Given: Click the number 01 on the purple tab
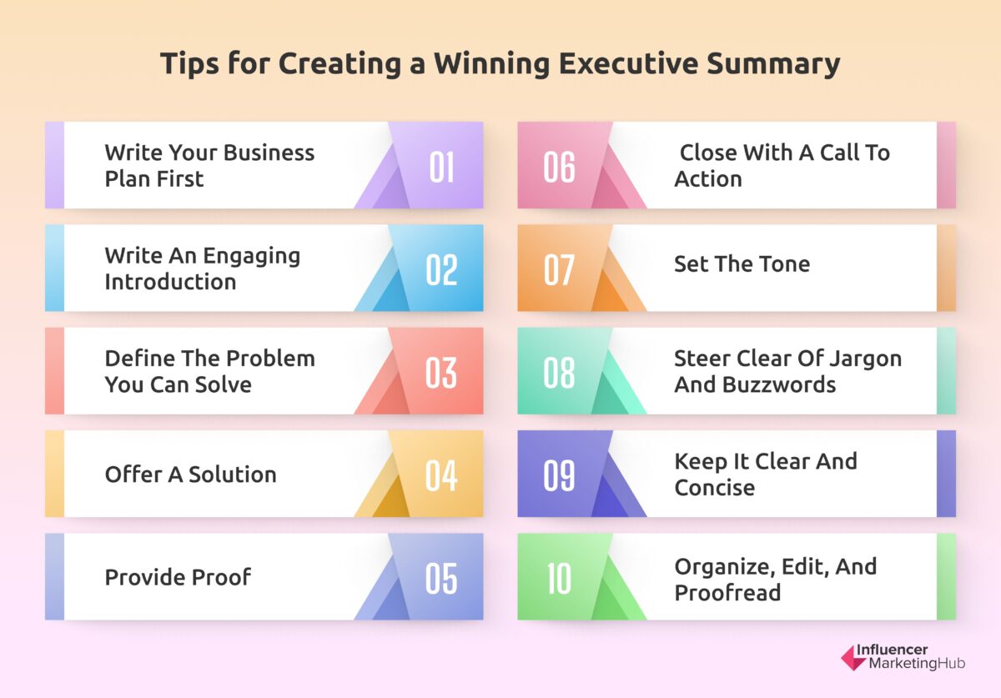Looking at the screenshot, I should (441, 166).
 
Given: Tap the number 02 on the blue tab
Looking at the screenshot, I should (441, 269).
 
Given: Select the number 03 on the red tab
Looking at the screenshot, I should (441, 372).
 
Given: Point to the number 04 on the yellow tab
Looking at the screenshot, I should (441, 475).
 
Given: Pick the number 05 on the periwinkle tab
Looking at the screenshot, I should (441, 578).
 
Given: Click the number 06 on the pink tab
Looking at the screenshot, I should (559, 166).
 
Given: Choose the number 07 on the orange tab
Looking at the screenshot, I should (559, 269).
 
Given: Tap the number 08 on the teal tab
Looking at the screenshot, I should (559, 372).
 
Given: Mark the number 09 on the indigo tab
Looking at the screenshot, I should (559, 475).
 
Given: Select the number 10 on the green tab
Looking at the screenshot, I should (559, 578).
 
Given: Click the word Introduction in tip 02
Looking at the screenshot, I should (170, 282).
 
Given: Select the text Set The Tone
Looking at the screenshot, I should (742, 264).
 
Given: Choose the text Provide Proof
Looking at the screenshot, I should (178, 576).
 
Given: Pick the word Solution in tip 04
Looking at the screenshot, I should (232, 475).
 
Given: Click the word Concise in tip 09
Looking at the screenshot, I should (714, 488).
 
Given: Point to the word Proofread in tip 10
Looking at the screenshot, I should (727, 593).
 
